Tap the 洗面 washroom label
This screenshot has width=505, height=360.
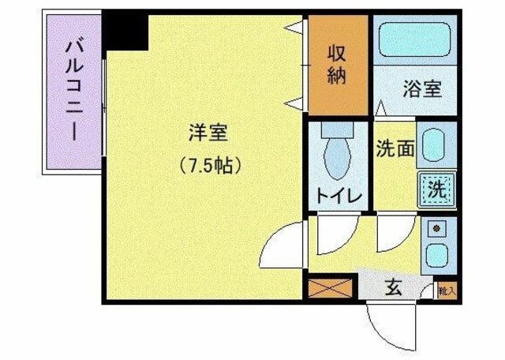coord(395,148)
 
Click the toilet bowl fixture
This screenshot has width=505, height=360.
coord(338,154)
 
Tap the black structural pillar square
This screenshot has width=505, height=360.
coord(126,30)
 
